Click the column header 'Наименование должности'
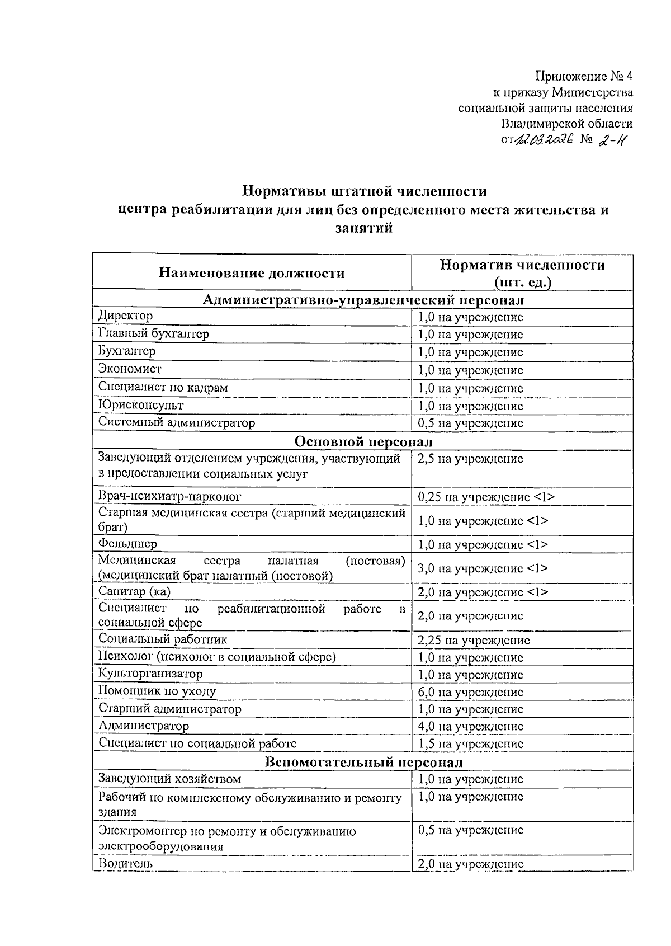pos(252,273)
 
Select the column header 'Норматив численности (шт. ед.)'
pos(522,273)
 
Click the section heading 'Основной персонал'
pos(363,441)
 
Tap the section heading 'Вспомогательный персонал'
pos(363,762)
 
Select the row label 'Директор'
pos(125,316)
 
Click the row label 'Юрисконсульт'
pos(141,405)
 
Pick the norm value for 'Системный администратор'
pos(470,423)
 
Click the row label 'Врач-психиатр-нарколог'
pos(170,496)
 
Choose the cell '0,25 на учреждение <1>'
pos(485,497)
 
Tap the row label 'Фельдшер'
pos(127,543)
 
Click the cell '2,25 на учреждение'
pos(473,640)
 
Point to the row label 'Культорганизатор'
pos(150,674)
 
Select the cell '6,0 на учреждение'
pos(470,692)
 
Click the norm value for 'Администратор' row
pos(470,727)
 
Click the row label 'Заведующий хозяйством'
pos(169,779)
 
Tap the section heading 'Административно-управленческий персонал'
pos(363,300)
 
